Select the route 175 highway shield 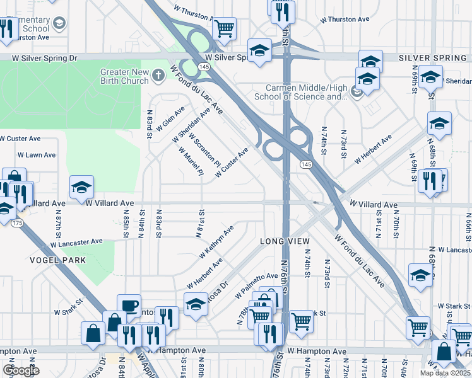click(x=16, y=223)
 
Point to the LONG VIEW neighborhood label click(x=285, y=242)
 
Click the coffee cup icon click(x=129, y=306)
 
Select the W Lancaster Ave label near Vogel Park click(x=76, y=242)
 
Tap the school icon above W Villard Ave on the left click(x=81, y=186)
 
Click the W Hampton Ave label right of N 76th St click(x=316, y=352)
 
